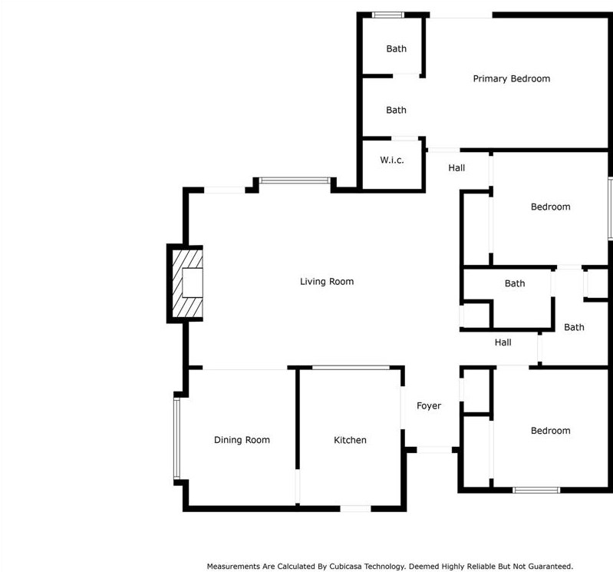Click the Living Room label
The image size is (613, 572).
click(327, 282)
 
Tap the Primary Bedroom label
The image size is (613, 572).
click(511, 78)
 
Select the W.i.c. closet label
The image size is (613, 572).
click(391, 160)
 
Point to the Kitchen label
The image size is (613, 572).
click(350, 440)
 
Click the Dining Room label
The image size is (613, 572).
click(242, 440)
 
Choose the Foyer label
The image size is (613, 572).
click(429, 405)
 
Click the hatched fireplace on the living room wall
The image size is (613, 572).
click(186, 283)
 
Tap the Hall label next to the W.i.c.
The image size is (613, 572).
click(456, 167)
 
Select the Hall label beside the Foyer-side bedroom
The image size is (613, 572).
click(503, 342)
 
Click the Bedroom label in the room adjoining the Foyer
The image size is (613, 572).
click(550, 431)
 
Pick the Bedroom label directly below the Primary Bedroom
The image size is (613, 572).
click(550, 207)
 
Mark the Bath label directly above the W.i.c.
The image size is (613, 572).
click(396, 110)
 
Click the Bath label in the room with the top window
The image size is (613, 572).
click(396, 48)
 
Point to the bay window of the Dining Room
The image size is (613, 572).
click(176, 438)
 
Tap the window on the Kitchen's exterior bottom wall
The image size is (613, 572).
click(355, 508)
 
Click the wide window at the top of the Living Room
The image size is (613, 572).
click(294, 181)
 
